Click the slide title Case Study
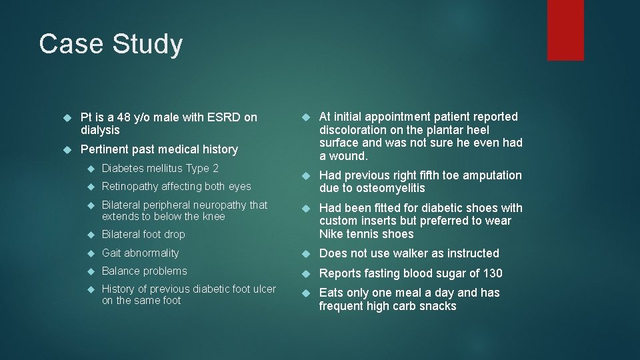(111, 44)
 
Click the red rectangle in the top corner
(565, 30)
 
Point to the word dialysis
(100, 130)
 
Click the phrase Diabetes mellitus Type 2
(160, 168)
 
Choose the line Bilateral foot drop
(143, 235)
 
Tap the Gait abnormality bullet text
(140, 253)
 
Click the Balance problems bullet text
(144, 271)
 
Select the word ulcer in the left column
(262, 289)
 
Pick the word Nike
(331, 234)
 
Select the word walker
(414, 253)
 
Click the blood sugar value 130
(491, 273)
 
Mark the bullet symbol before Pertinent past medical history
(67, 149)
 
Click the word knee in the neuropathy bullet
(214, 216)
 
